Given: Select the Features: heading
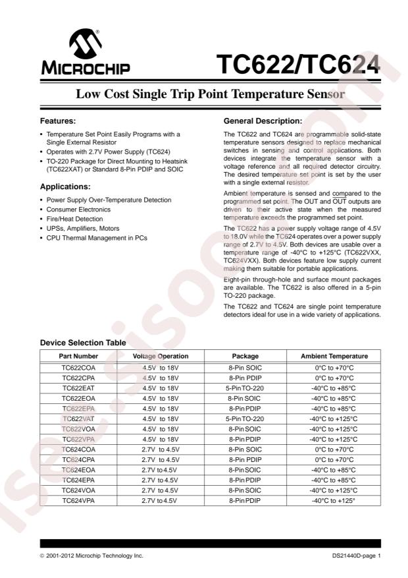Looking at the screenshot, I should click(58, 121).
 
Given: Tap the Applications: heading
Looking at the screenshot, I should click(66, 186).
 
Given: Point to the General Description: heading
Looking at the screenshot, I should click(263, 121).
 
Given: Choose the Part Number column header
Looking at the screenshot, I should click(78, 356).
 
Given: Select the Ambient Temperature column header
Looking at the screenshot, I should click(334, 356).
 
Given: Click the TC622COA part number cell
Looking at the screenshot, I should click(78, 367).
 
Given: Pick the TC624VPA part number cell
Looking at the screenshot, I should click(78, 501).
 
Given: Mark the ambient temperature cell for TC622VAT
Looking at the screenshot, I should click(334, 419).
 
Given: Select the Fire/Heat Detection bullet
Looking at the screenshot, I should click(74, 219).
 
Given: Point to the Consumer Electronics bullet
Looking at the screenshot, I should click(78, 210).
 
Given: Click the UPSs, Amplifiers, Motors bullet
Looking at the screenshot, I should click(83, 228).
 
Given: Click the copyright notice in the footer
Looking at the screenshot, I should click(91, 556).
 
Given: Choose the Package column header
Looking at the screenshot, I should click(245, 356).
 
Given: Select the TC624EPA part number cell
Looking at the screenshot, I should click(78, 480).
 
